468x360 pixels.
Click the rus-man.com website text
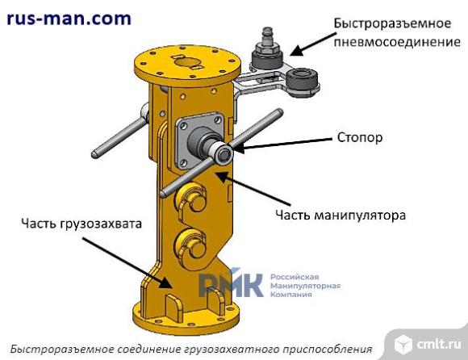(x=69, y=19)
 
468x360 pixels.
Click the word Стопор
(x=360, y=137)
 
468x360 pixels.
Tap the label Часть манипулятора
(x=341, y=215)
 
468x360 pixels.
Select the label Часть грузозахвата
(x=81, y=224)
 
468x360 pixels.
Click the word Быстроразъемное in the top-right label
(x=392, y=23)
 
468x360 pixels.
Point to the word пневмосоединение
(x=397, y=42)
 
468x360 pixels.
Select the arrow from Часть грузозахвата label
(x=127, y=263)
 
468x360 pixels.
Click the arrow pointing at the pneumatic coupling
(x=310, y=44)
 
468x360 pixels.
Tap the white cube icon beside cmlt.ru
(x=403, y=344)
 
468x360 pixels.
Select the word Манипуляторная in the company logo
(x=305, y=286)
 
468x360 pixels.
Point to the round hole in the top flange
(x=187, y=62)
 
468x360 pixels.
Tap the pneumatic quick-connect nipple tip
(x=266, y=33)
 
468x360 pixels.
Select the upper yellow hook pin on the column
(x=191, y=199)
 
